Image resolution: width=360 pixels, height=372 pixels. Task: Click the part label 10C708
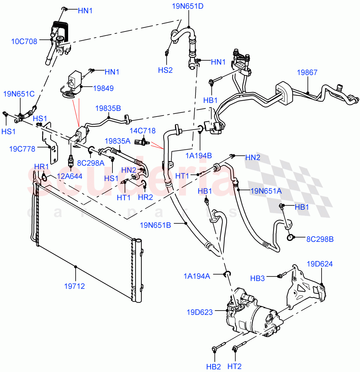[x=24, y=42]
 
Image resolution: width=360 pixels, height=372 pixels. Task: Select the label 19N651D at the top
[x=188, y=6]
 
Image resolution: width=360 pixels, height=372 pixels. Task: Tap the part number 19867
[x=307, y=73]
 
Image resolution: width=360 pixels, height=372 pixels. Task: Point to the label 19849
[x=103, y=88]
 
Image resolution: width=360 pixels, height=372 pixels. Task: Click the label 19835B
[x=108, y=108]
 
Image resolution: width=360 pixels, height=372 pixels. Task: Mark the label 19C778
[x=22, y=149]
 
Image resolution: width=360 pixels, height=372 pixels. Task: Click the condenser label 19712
[x=74, y=286]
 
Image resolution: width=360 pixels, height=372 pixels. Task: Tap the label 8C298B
[x=320, y=239]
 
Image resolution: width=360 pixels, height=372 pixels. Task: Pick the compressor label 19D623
[x=200, y=312]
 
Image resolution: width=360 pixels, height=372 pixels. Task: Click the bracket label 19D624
[x=320, y=264]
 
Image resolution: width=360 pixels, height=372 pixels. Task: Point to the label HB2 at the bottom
[x=213, y=367]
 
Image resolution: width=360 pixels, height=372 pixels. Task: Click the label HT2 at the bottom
[x=234, y=367]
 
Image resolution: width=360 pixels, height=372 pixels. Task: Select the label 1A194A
[x=197, y=276]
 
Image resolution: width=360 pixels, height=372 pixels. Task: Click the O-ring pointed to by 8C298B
[x=291, y=238]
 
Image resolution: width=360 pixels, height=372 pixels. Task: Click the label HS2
[x=165, y=70]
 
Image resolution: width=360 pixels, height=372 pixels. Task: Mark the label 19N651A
[x=266, y=191]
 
